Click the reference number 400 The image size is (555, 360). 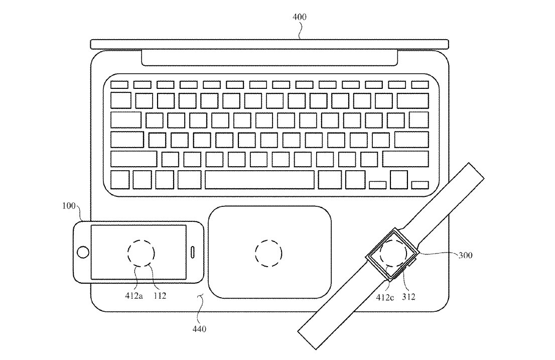tap(300, 17)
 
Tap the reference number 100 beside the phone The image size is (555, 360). tap(69, 206)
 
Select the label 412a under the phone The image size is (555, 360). tap(134, 296)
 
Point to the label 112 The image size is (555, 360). tap(160, 296)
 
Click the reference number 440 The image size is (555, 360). tap(199, 329)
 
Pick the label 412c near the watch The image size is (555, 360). tap(385, 297)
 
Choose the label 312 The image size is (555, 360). tap(408, 297)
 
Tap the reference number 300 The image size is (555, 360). tap(465, 255)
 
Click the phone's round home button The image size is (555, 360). tap(83, 252)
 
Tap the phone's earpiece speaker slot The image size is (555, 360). tap(193, 252)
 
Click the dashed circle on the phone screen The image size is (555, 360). tap(141, 253)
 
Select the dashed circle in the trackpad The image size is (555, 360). tap(268, 254)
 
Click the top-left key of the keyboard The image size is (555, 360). tap(119, 84)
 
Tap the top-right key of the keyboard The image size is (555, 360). tap(420, 84)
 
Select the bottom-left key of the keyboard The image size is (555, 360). tap(120, 180)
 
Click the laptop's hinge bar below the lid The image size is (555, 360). tap(269, 58)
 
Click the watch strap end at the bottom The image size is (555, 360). tap(307, 340)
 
